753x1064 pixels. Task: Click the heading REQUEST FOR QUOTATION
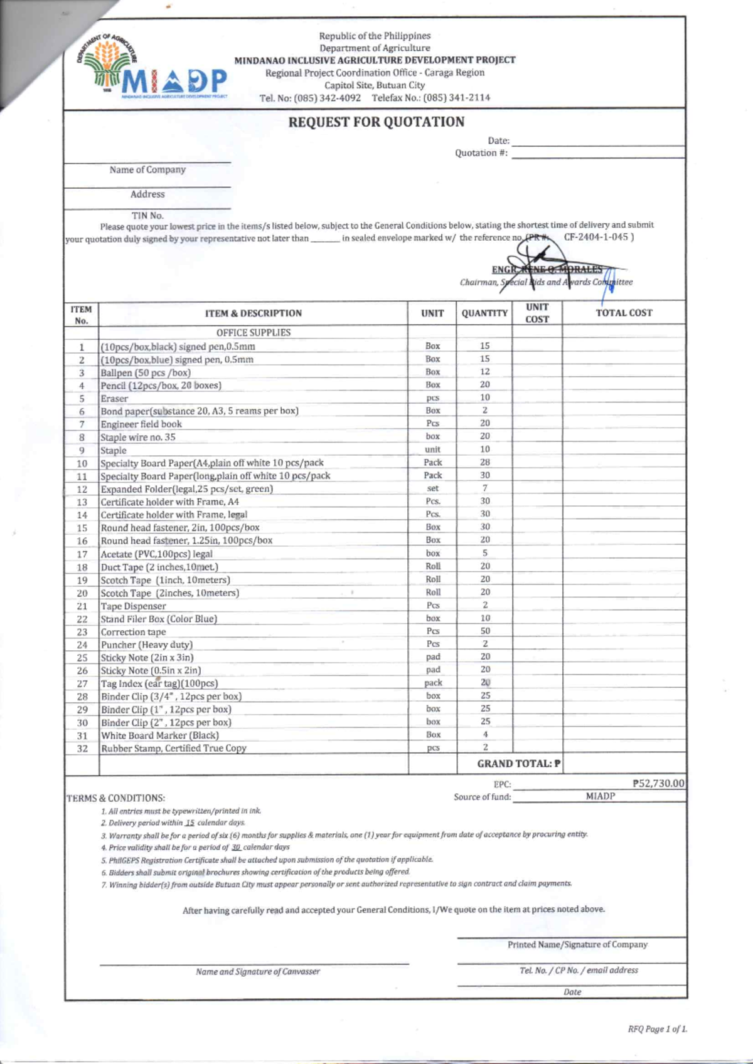coord(376,122)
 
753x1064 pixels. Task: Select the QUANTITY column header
coord(484,313)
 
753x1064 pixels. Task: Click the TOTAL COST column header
coord(624,313)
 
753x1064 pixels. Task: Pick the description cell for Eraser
coord(114,399)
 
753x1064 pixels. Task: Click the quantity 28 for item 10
coord(485,462)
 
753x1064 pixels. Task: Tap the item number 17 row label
coord(82,554)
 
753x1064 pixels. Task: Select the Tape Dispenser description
coord(134,606)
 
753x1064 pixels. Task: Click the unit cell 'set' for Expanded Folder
coord(433,488)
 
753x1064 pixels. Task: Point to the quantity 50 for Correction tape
coord(485,631)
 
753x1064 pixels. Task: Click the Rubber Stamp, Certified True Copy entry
coord(174,748)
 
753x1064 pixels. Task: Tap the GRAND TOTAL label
coord(518,764)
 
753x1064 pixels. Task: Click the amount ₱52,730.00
coord(658,784)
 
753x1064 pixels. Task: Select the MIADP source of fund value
coord(600,796)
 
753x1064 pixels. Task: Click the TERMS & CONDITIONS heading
coord(116,798)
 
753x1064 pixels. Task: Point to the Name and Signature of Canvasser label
coord(257,972)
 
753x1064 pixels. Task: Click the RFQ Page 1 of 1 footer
coord(657,1030)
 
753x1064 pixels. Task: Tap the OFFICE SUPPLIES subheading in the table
coord(254,332)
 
